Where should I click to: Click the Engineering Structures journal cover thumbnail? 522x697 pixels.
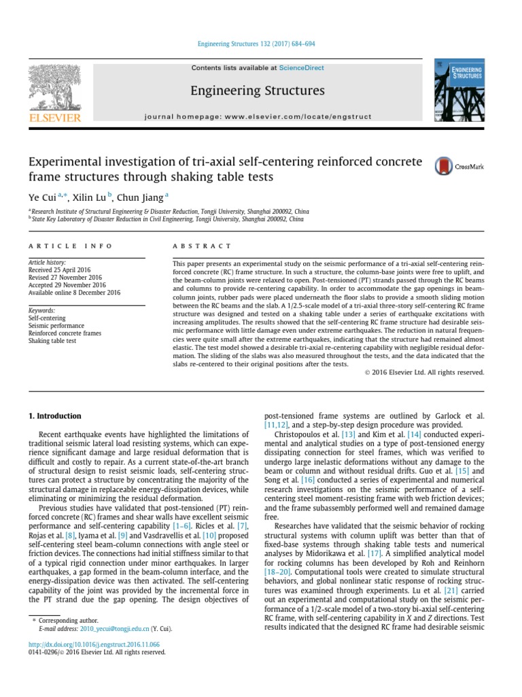460,91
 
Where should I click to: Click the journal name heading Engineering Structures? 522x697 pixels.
258,91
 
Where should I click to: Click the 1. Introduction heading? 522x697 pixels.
54,415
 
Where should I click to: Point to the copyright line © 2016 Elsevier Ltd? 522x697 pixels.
425,372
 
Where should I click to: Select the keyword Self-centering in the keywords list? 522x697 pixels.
47,318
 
